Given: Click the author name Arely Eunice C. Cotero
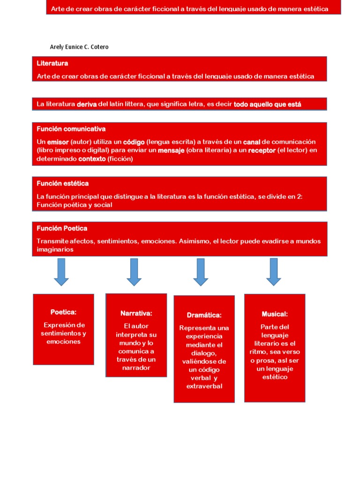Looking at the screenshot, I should pos(79,47).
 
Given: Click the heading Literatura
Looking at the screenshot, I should pos(52,63).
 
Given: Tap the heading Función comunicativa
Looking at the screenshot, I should pos(71,129).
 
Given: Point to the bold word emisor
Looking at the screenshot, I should pos(58,142).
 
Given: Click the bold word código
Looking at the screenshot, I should pos(134,142).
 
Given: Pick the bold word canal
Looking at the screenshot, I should pos(252,142).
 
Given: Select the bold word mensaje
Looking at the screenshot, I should pos(171,150).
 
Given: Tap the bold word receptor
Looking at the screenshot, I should pos(262,150).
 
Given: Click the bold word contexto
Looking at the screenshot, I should pos(92,159).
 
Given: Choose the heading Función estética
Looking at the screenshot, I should pos(62,183).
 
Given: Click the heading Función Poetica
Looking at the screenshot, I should pos(62,228).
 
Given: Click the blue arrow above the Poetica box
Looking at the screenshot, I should pos(61,272).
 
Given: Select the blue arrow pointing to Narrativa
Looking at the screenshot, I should pos(134,272).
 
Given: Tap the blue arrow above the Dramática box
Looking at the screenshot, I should pos(201,272).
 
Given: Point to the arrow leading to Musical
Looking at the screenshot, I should pos(274,272).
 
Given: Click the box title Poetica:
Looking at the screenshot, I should pos(63,312).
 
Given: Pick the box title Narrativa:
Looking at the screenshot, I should pos(136,313).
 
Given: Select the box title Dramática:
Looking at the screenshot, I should pos(204,315).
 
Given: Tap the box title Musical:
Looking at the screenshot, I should pos(275,314).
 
